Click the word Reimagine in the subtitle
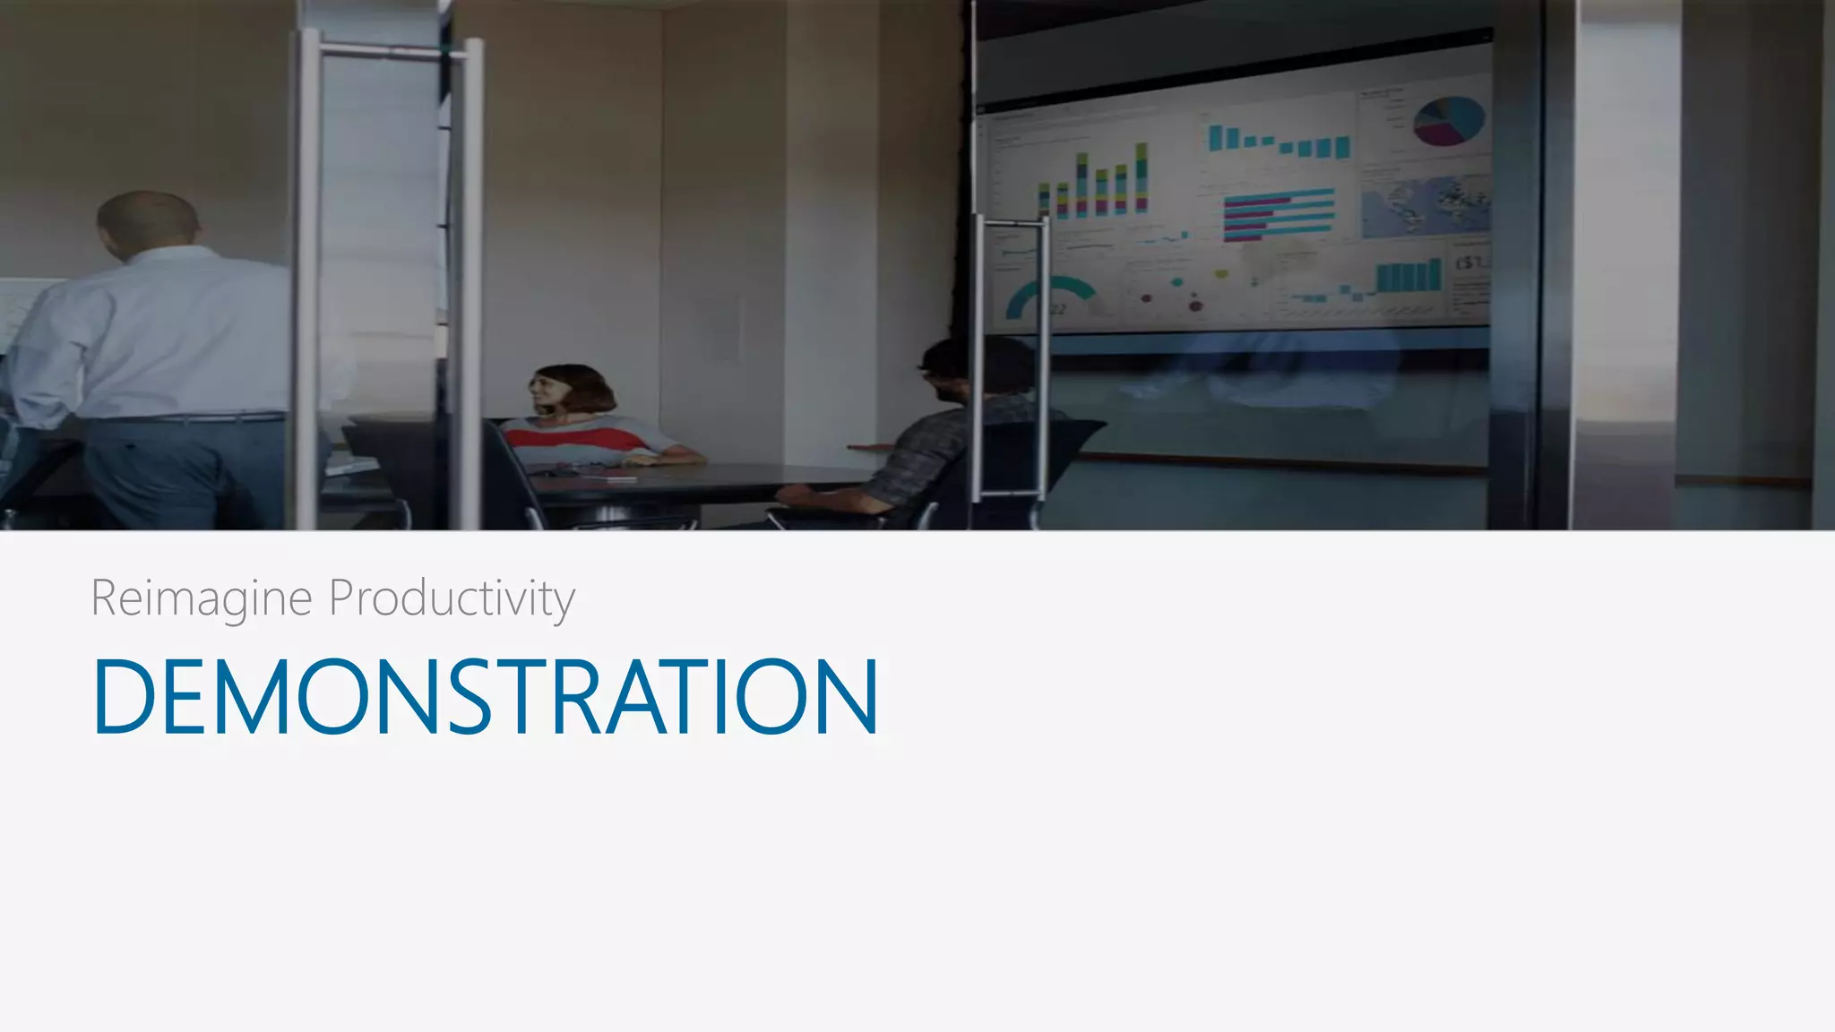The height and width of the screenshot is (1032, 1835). pyautogui.click(x=201, y=598)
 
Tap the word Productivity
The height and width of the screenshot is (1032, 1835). pyautogui.click(x=452, y=598)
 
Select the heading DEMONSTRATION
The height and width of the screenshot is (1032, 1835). pyautogui.click(x=485, y=697)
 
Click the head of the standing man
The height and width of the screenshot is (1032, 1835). pyautogui.click(x=148, y=224)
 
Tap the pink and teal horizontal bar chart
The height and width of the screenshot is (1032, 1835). pyautogui.click(x=1278, y=213)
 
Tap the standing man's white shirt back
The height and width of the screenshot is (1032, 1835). pyautogui.click(x=170, y=331)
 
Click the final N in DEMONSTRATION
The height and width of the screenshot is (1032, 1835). pyautogui.click(x=848, y=697)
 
